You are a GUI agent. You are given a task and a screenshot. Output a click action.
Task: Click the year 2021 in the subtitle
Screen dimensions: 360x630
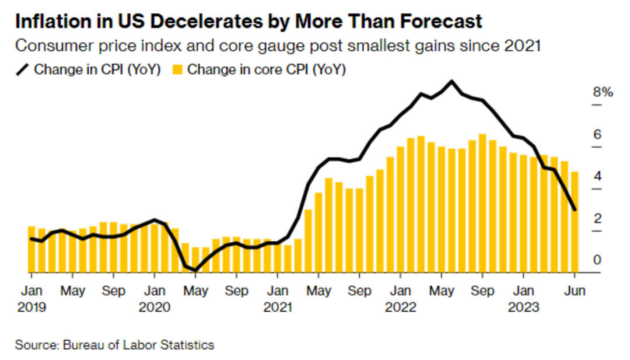point(521,45)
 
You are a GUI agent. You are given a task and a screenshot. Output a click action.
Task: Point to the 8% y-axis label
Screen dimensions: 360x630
point(603,92)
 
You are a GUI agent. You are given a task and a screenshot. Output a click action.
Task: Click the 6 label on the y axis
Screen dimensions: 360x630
point(597,134)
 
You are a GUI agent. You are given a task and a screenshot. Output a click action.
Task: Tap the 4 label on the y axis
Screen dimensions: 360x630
point(597,176)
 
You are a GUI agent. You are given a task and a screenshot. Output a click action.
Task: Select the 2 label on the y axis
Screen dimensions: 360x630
point(597,218)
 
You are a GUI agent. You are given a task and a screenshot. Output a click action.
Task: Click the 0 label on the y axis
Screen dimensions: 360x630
point(597,260)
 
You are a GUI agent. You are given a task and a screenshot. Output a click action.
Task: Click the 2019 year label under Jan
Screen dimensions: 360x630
point(31,306)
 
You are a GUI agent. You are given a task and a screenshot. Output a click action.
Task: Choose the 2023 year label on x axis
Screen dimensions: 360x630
point(523,306)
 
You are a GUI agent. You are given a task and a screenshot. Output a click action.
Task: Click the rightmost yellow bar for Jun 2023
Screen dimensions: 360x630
point(575,222)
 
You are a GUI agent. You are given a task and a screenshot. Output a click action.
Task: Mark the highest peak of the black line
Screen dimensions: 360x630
point(451,81)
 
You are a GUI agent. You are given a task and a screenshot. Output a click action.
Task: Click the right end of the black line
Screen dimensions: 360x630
point(576,209)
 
